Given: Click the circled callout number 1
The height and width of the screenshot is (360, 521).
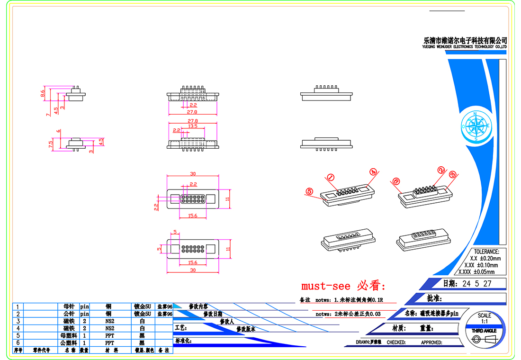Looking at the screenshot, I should click(x=331, y=177).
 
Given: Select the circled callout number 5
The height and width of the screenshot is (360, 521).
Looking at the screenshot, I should click(x=310, y=191).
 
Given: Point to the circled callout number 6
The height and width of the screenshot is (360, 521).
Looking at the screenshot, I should click(x=396, y=181).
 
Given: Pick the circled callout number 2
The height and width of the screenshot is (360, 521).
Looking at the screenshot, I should click(x=441, y=170).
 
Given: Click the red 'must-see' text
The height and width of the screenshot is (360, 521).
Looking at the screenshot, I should click(x=326, y=286).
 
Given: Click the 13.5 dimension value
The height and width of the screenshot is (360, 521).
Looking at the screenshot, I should click(x=193, y=126).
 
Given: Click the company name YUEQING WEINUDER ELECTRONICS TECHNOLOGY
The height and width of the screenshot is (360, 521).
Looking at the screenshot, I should click(x=464, y=47).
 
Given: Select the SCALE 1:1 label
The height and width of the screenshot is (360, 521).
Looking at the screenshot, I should click(x=485, y=318).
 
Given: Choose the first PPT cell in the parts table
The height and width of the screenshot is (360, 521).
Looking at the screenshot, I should click(x=109, y=335).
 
